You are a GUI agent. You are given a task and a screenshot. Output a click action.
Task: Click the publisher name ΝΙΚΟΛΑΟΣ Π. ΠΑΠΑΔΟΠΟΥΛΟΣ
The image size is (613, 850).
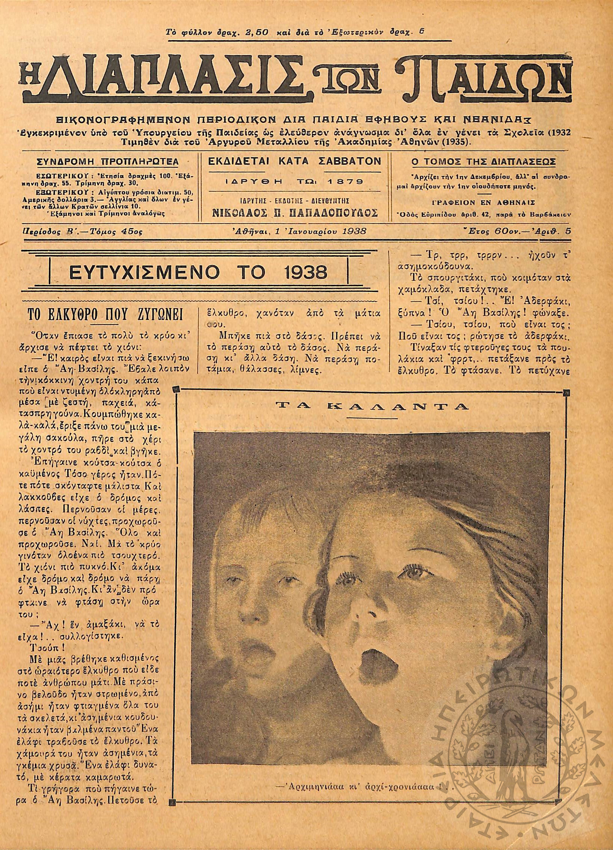[x=294, y=213]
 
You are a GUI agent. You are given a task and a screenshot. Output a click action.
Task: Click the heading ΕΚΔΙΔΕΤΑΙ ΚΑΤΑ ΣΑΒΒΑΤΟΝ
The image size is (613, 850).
[x=294, y=161]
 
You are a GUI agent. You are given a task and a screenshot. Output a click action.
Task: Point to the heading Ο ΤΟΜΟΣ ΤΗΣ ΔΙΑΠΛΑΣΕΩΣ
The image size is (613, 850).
[x=484, y=162]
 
